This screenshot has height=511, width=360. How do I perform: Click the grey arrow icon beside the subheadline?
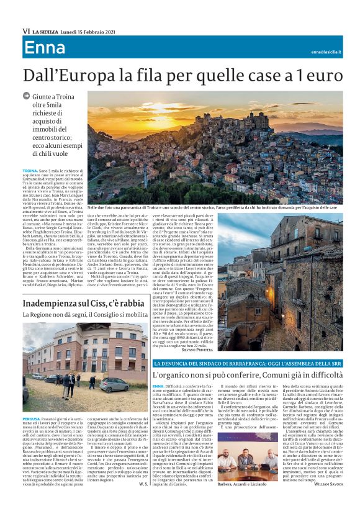tap(25, 96)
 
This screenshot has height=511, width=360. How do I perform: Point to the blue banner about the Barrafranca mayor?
tap(247, 362)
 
